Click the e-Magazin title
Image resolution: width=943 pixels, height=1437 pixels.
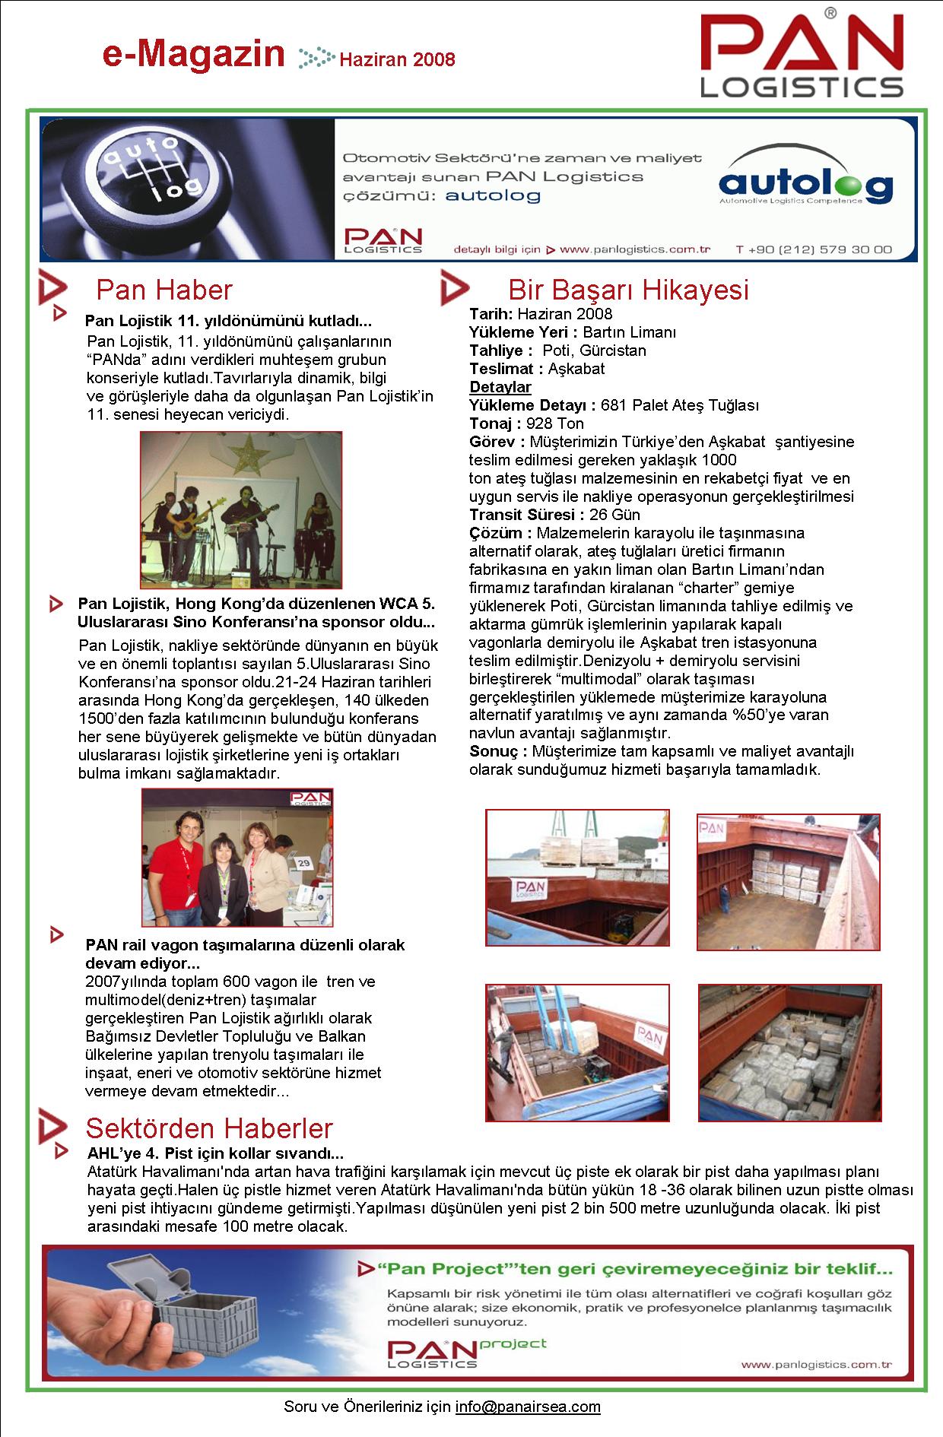point(193,56)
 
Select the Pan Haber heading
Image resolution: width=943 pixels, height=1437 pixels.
point(164,290)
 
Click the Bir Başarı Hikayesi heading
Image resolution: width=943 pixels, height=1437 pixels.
point(628,290)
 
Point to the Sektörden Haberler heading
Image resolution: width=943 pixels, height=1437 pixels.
point(209,1128)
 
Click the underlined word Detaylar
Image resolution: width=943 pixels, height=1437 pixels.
point(500,387)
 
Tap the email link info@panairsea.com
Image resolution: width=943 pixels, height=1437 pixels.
point(528,1407)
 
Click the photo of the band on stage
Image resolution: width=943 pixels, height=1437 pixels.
point(241,510)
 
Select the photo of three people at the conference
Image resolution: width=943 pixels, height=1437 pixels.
point(237,857)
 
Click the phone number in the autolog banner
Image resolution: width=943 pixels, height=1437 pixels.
point(814,249)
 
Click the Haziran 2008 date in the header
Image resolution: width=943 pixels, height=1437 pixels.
point(397,59)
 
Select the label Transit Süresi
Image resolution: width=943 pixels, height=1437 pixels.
point(526,515)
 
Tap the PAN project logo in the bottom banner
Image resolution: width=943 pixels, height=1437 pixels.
point(466,1352)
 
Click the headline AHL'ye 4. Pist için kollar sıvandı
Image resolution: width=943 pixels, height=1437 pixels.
point(215,1153)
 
